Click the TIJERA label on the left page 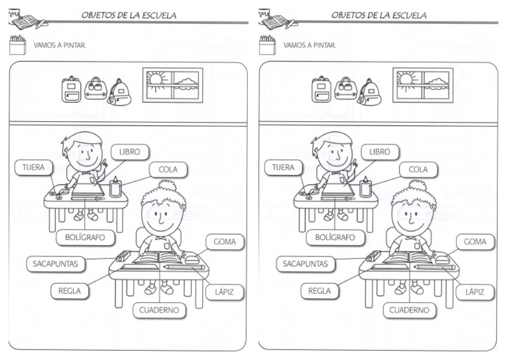coord(34,168)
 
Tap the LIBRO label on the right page coord(380,152)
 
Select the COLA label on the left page coord(168,170)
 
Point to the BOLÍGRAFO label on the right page coord(335,237)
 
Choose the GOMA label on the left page coord(225,242)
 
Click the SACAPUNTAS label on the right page coord(306,264)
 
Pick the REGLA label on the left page coord(70,290)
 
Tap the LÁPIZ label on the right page coord(475,292)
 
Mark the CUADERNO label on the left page coord(159,310)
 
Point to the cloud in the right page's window coord(435,82)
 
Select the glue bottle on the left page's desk coord(115,188)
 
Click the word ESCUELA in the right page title coord(405,15)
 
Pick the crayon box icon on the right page coord(267,45)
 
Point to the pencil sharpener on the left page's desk coord(123,256)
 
